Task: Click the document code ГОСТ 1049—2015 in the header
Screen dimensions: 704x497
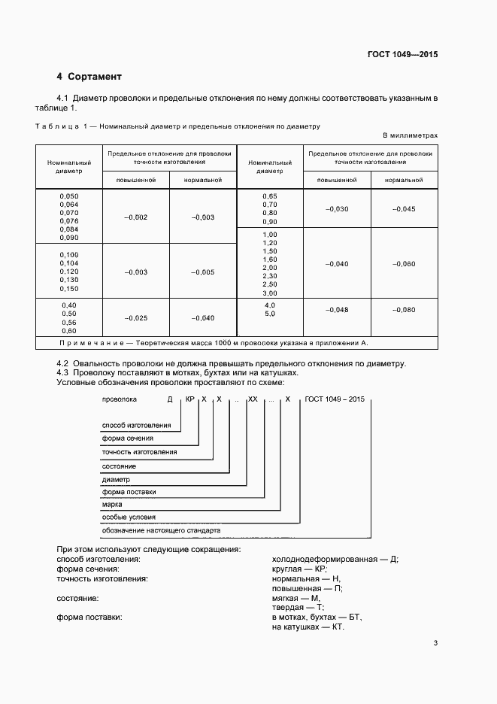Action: click(402, 54)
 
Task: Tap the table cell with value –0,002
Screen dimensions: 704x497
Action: click(135, 217)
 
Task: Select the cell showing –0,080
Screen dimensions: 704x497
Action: click(403, 310)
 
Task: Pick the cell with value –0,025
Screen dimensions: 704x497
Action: click(135, 318)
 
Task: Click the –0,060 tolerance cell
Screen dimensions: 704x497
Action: click(403, 264)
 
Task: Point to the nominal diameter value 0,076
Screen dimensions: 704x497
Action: click(69, 221)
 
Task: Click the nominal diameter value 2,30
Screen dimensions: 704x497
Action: click(269, 276)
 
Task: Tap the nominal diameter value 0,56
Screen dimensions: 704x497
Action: click(69, 322)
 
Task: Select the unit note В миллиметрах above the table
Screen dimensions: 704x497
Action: click(410, 135)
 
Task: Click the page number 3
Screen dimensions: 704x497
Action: click(435, 643)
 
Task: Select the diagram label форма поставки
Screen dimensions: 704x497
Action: click(129, 492)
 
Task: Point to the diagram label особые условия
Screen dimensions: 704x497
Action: click(129, 517)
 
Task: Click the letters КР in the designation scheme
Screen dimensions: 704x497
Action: click(191, 399)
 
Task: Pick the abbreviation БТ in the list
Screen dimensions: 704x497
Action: click(355, 618)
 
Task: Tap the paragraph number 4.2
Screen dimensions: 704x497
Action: click(63, 364)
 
